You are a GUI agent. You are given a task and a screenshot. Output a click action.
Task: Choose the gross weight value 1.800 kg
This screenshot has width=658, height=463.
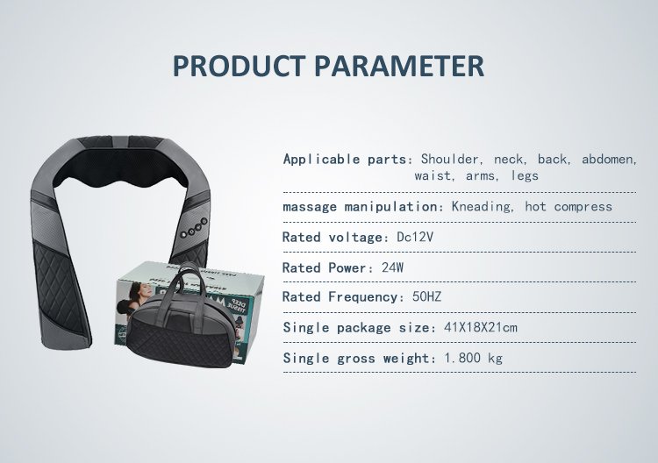pos(473,358)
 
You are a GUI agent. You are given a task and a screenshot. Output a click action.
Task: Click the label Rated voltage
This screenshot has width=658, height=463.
pos(333,238)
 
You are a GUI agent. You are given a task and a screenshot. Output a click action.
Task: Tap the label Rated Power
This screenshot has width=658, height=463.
pos(326,267)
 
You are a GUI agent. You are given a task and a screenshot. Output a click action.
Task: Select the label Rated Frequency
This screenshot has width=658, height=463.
pos(342,297)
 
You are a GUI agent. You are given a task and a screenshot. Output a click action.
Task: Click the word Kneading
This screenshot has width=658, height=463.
pos(483,207)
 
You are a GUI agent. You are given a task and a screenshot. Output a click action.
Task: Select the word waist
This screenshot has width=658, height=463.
pos(434,175)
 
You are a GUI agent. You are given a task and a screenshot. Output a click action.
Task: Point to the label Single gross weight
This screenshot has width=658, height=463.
pos(358,358)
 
